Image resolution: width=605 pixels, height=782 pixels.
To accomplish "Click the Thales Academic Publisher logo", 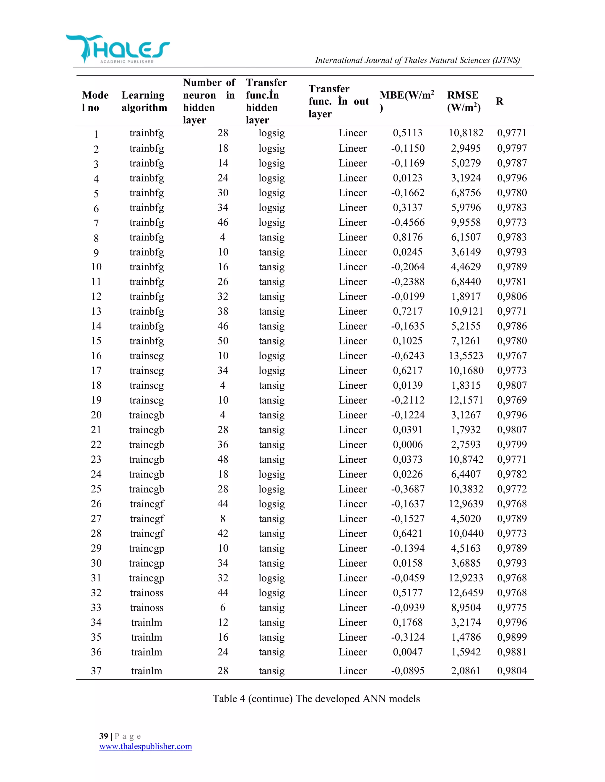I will (x=118, y=49).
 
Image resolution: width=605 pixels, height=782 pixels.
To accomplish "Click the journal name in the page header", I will (x=417, y=60).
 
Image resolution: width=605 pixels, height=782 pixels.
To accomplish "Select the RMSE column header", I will (x=463, y=101).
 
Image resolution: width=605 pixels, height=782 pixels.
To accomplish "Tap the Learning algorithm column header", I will (x=144, y=101).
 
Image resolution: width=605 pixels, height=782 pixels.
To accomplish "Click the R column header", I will (x=499, y=101).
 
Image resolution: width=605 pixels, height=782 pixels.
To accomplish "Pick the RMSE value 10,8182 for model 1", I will (x=466, y=133).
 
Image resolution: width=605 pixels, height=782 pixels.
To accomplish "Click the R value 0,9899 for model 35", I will (x=511, y=637).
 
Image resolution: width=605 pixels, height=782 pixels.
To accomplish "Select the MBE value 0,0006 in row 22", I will (x=407, y=444).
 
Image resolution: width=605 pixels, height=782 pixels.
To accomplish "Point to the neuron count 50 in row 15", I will (x=222, y=341).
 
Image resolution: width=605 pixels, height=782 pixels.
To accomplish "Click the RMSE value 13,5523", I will (x=466, y=356).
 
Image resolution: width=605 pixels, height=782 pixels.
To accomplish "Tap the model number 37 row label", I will (x=96, y=671).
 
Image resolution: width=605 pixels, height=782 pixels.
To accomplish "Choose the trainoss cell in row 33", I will (x=147, y=608).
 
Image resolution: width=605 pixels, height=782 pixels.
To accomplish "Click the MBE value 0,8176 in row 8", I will (x=407, y=237).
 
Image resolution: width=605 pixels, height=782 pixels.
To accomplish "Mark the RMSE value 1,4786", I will (x=466, y=637).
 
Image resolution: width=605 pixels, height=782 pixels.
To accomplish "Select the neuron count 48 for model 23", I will (x=222, y=459).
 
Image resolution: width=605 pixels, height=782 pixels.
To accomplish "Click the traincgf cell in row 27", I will (x=147, y=518).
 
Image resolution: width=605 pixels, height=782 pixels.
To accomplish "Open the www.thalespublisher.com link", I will (x=146, y=746).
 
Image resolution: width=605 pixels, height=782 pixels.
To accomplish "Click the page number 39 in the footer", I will (x=104, y=736).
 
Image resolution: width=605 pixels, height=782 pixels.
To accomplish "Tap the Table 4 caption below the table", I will (x=316, y=698).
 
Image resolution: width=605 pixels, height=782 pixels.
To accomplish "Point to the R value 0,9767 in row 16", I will (x=511, y=356).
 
